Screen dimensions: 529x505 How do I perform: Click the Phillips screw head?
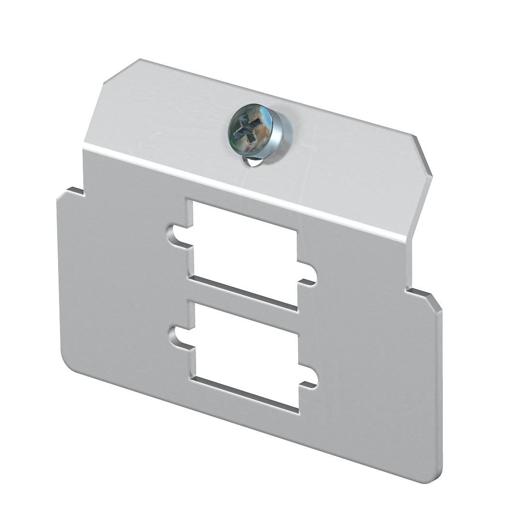259,131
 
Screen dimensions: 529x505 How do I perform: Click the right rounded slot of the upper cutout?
308,275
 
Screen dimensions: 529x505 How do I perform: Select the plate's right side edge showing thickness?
441,388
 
